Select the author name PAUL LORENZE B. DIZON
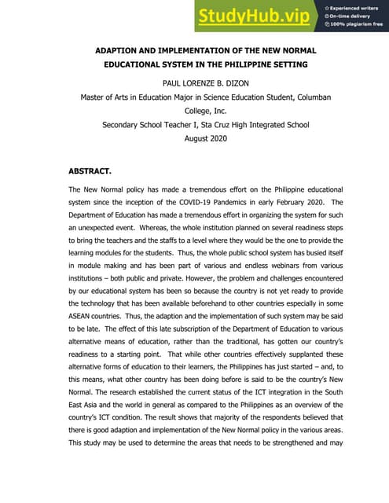click(195, 82)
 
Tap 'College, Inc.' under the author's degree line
click(195, 111)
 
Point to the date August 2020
click(195, 140)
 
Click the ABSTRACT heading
click(90, 171)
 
